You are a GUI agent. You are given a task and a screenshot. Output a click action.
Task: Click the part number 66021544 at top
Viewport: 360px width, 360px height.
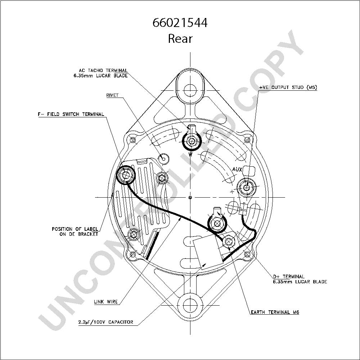(x=180, y=22)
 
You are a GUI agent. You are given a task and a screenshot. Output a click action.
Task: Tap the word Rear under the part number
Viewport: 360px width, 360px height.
(x=180, y=39)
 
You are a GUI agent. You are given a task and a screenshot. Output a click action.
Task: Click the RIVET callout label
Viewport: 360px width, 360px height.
(x=112, y=95)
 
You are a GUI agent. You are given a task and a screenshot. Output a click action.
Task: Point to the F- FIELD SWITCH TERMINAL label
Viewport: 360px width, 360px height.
(x=71, y=114)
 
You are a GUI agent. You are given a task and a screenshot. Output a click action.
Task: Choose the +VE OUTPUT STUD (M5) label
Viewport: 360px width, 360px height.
(x=288, y=87)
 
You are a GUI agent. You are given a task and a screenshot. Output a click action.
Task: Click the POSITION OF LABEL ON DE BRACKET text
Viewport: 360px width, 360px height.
(x=75, y=231)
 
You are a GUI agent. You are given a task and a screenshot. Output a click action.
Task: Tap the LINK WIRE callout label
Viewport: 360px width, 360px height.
(x=106, y=302)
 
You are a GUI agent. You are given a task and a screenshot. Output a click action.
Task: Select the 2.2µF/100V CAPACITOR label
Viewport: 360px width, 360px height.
(x=105, y=322)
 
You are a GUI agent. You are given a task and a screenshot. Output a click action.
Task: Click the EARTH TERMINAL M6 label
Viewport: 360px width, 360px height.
(x=275, y=312)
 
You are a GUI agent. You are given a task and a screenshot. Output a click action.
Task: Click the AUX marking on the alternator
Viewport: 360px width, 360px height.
(x=237, y=170)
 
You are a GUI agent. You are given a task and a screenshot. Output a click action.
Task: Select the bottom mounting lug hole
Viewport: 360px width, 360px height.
(x=190, y=306)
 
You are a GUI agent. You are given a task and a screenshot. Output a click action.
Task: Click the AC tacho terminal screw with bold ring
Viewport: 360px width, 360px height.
(x=192, y=141)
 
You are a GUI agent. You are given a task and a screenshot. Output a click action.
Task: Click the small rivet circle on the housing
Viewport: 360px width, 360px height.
(x=164, y=159)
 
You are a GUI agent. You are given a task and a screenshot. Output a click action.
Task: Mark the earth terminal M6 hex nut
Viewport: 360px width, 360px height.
(x=229, y=242)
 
